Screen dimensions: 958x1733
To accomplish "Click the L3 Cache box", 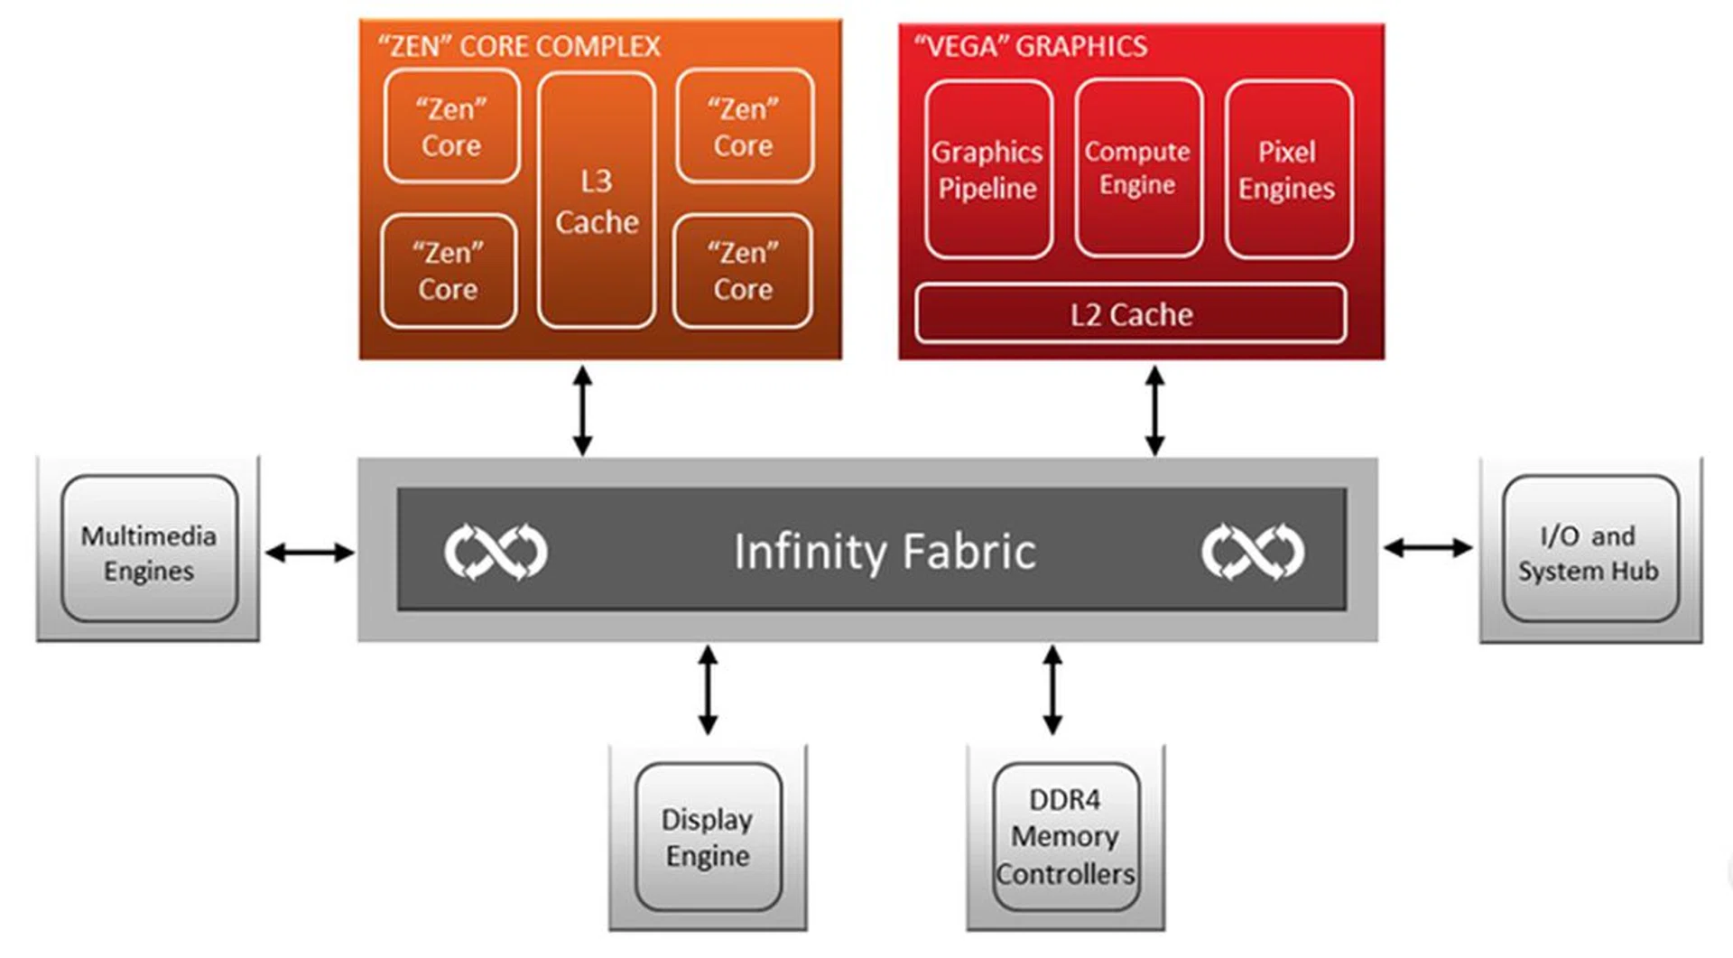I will pyautogui.click(x=597, y=200).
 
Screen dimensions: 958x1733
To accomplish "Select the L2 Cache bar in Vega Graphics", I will pyautogui.click(x=1131, y=314).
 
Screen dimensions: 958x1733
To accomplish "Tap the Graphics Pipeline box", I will pyautogui.click(x=988, y=170).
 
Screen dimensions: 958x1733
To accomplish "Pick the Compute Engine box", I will pyautogui.click(x=1138, y=168).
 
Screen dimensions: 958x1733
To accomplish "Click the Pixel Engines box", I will pyautogui.click(x=1288, y=170).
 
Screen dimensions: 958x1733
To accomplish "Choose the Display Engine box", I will pyautogui.click(x=708, y=837).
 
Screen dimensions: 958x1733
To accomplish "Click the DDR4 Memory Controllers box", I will pyautogui.click(x=1065, y=837).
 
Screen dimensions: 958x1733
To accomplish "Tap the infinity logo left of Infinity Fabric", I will pyautogui.click(x=496, y=551).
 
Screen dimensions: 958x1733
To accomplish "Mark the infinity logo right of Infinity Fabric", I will pyautogui.click(x=1253, y=551).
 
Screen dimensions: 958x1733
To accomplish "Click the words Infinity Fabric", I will pyautogui.click(x=885, y=552).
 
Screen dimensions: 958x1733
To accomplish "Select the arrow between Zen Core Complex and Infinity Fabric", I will pyautogui.click(x=583, y=410).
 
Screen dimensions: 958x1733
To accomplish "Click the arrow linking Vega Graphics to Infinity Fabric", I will pyautogui.click(x=1154, y=410).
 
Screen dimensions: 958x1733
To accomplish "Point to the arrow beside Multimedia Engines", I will pyautogui.click(x=310, y=552).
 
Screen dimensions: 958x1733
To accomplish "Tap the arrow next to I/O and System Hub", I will pyautogui.click(x=1428, y=547).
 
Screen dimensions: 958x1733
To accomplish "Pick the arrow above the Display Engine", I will pyautogui.click(x=709, y=690).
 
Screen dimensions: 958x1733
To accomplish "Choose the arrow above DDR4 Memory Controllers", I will pyautogui.click(x=1052, y=690).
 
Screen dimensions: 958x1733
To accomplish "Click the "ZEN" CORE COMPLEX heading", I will pyautogui.click(x=519, y=46).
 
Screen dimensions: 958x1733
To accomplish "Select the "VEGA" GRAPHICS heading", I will pyautogui.click(x=1031, y=46).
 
